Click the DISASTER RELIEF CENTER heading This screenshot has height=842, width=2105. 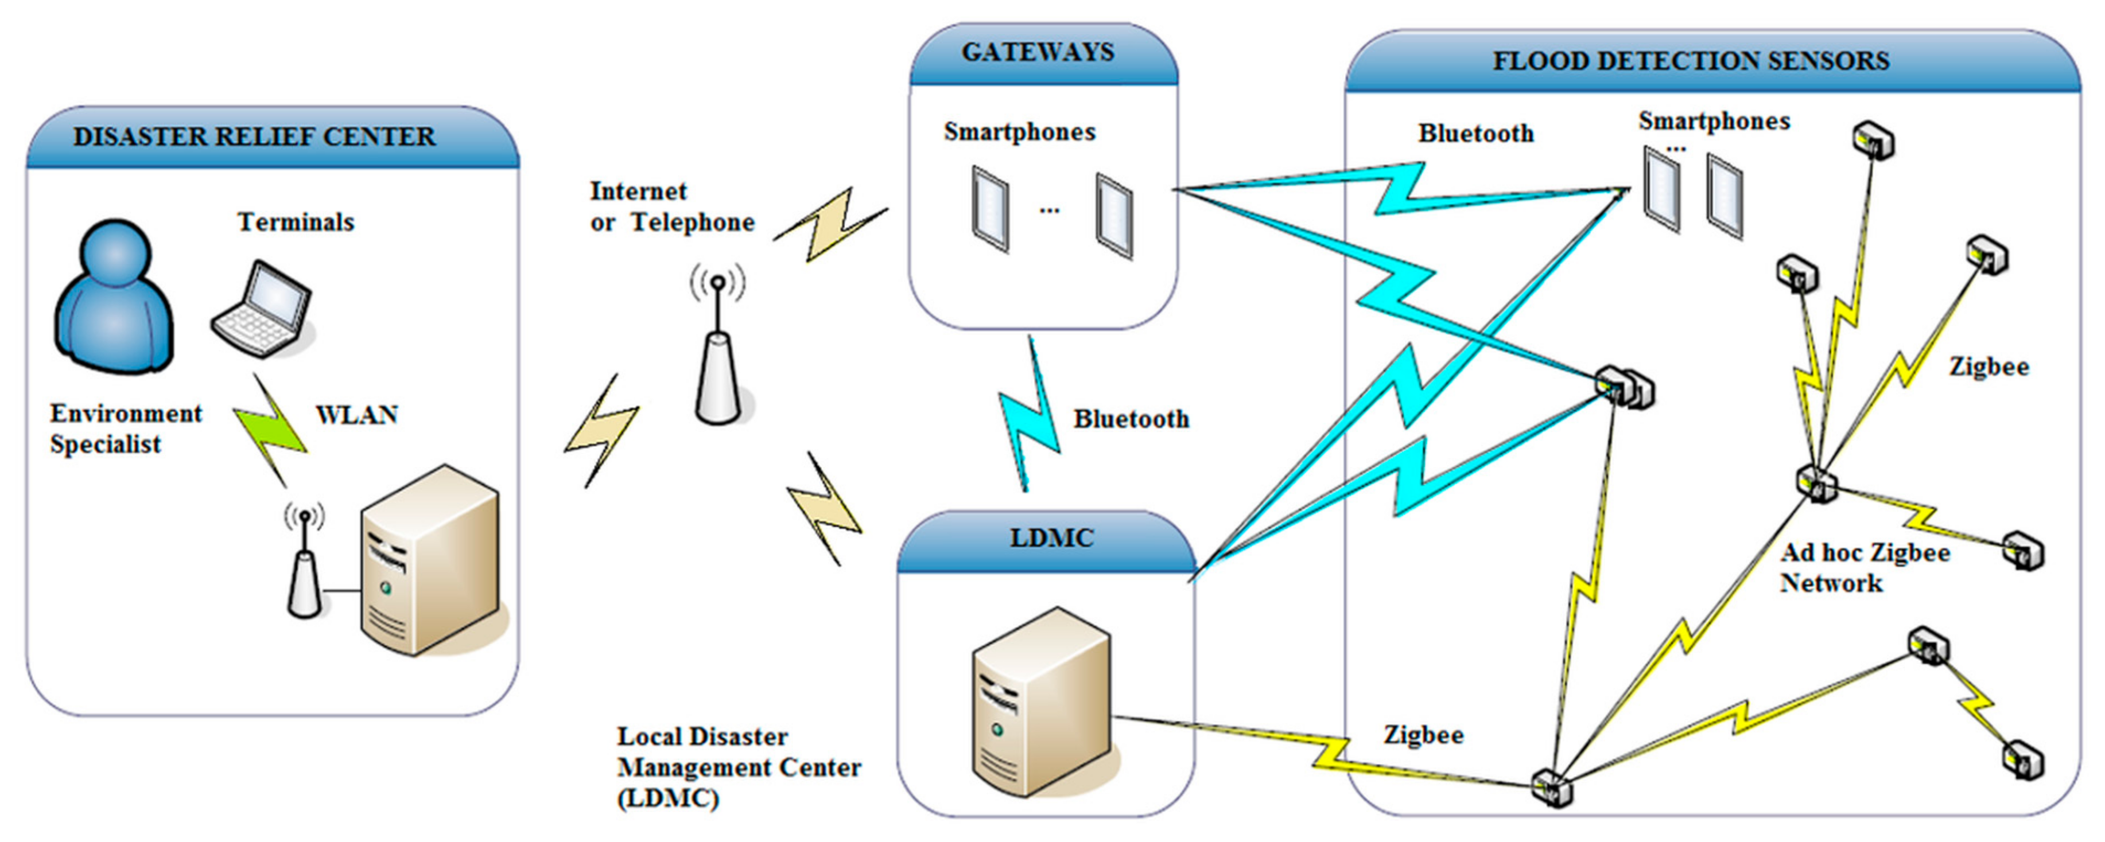click(x=254, y=137)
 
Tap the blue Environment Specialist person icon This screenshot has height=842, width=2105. click(x=114, y=298)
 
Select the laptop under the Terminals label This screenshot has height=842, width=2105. click(x=262, y=309)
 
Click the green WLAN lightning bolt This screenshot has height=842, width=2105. click(x=270, y=430)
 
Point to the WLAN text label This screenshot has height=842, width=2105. click(x=356, y=415)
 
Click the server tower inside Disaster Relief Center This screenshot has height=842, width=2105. click(x=430, y=562)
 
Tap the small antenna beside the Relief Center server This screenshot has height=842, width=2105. click(x=304, y=563)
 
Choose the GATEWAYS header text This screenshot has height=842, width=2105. click(x=1037, y=52)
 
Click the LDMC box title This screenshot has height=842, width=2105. click(x=1051, y=538)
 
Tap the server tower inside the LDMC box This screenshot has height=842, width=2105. click(x=1041, y=703)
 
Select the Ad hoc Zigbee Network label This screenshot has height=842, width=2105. click(x=1864, y=568)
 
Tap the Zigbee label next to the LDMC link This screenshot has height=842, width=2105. click(x=1423, y=734)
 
